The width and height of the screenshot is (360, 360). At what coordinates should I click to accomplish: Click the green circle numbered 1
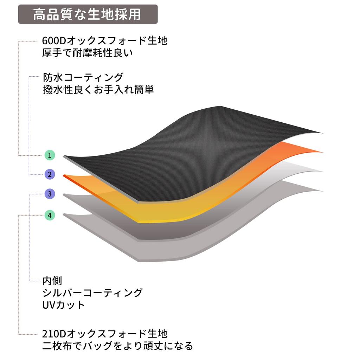[50, 155]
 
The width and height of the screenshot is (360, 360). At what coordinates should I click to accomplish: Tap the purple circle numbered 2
[50, 174]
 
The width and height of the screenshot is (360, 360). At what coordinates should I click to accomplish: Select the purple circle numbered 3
[50, 194]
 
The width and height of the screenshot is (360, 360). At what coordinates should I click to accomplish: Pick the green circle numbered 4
[50, 216]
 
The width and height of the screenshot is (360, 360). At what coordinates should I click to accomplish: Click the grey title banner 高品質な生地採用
[88, 14]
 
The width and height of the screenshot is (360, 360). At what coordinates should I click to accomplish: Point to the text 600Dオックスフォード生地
[105, 41]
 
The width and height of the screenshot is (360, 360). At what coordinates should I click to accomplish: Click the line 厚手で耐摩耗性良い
[88, 53]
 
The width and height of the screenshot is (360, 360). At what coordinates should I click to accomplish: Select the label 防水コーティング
[83, 77]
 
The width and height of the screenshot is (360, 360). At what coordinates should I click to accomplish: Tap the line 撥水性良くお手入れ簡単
[98, 90]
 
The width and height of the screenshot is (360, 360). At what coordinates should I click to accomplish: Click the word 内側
[52, 281]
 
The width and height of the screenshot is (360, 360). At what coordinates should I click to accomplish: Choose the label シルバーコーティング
[92, 293]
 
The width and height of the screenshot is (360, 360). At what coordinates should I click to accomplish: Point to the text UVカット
[64, 305]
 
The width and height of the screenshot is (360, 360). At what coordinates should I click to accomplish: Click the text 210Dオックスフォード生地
[105, 334]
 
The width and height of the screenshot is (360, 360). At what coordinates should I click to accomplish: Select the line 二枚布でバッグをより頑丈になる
[117, 346]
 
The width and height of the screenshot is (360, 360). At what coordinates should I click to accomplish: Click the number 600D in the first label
[54, 41]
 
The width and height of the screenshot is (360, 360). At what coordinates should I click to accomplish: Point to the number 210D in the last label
[54, 334]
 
